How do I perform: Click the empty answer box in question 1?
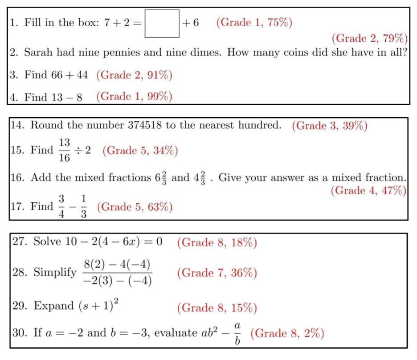pos(162,24)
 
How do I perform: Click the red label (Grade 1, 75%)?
pos(254,23)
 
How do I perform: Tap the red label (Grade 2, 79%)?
pos(370,38)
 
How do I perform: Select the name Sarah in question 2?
pos(37,53)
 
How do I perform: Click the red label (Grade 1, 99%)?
pos(134,96)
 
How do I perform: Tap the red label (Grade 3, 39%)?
pos(330,126)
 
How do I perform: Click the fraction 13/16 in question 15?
pos(64,150)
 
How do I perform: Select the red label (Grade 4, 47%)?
pos(368,191)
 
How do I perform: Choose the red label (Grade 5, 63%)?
pos(135,207)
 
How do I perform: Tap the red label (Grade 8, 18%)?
pos(217,243)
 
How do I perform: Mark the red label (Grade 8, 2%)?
pos(287,333)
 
